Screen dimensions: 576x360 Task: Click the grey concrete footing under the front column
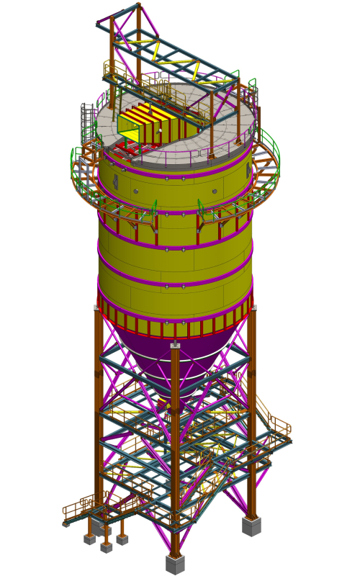point(175,564)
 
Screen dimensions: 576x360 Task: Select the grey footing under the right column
point(251,526)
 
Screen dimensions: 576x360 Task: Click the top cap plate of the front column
point(175,345)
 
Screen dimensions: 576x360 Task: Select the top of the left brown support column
point(96,308)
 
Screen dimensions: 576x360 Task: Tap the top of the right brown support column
point(253,308)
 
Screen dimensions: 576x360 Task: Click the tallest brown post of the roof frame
point(138,43)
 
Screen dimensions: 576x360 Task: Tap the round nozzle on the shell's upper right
point(215,192)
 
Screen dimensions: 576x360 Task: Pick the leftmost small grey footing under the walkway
point(89,539)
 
